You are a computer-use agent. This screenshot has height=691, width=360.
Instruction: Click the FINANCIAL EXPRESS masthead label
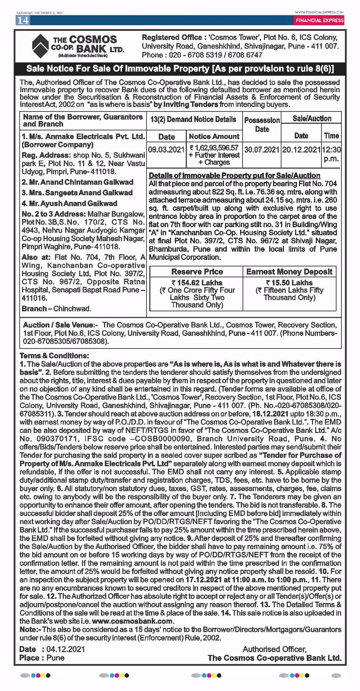point(319,20)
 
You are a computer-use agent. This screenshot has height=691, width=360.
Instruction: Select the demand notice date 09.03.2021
point(166,150)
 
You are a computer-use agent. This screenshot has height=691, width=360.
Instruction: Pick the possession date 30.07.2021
point(262,150)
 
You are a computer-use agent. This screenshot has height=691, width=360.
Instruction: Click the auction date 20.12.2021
point(301,150)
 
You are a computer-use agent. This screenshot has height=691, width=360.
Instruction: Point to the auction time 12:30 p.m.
point(331,154)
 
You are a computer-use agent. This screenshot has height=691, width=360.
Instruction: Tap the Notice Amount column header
point(214,136)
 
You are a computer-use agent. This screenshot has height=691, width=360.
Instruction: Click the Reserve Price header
point(197,272)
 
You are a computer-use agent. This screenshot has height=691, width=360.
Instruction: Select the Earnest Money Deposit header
point(289,272)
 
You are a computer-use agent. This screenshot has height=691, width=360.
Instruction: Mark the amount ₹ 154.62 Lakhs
point(197,283)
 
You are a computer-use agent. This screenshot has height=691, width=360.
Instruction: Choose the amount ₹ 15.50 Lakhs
point(289,283)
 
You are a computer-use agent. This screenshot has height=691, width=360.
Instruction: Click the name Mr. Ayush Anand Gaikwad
point(69,203)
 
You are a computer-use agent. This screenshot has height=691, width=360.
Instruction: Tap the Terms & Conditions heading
point(54,355)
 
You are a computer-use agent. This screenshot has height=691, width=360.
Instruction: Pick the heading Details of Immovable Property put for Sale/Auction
point(235,176)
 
